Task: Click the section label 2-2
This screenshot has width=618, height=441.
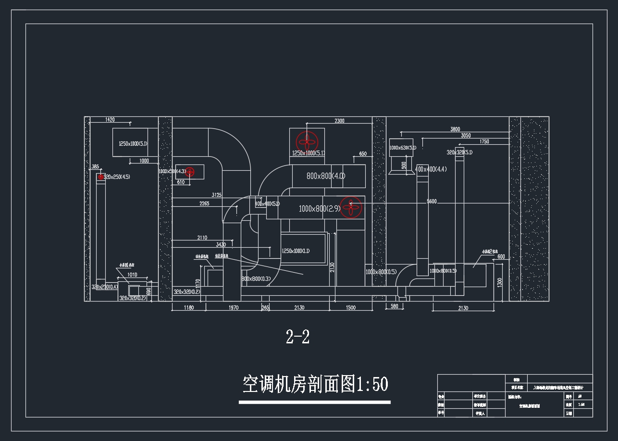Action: (297, 337)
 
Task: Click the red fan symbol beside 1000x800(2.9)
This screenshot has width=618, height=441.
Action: (351, 207)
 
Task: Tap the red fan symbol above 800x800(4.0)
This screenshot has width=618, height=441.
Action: (307, 141)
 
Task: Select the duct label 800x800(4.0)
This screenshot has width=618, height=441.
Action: (326, 176)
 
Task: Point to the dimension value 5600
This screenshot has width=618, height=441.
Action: (431, 202)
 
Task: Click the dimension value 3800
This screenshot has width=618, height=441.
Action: (455, 129)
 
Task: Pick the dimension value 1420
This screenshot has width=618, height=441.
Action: (110, 119)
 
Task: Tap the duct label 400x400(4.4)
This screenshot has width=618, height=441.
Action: (431, 169)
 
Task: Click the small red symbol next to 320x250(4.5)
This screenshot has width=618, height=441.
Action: (101, 177)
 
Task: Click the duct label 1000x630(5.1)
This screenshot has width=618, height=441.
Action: (402, 148)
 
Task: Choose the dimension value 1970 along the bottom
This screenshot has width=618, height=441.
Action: (234, 308)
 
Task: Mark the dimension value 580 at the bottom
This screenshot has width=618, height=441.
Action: (394, 306)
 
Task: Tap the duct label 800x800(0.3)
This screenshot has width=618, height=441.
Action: (256, 279)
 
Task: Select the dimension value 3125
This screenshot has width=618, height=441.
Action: (216, 195)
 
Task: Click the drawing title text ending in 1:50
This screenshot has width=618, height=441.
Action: (315, 384)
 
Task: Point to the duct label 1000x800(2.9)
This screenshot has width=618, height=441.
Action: (319, 209)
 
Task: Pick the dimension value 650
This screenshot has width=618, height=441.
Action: (362, 154)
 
